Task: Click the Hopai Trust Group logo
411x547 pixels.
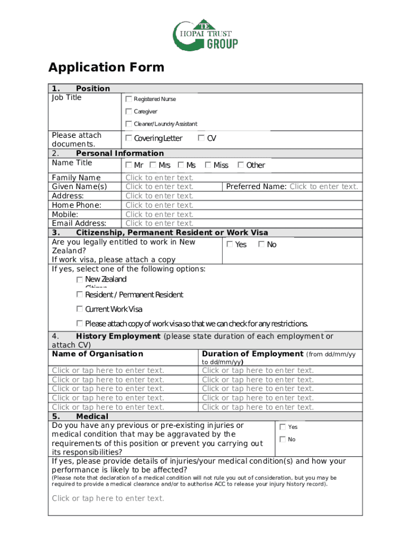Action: click(x=205, y=36)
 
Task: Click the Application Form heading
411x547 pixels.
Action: click(x=106, y=67)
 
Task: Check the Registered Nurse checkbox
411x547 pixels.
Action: click(x=129, y=99)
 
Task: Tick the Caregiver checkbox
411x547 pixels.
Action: click(x=129, y=112)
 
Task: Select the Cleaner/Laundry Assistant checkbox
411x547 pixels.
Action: click(x=129, y=124)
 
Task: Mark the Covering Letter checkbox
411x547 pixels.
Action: click(x=129, y=138)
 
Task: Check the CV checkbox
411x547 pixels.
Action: click(x=201, y=138)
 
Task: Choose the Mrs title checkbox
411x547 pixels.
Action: click(x=153, y=165)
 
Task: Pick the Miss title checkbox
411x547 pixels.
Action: click(x=208, y=165)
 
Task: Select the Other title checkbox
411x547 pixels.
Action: click(x=241, y=165)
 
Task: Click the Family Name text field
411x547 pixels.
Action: click(x=159, y=177)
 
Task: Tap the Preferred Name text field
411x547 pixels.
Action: click(x=323, y=186)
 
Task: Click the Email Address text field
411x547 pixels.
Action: click(x=159, y=223)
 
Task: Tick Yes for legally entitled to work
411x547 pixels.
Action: click(x=230, y=244)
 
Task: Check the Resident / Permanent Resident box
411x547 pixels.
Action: click(x=80, y=294)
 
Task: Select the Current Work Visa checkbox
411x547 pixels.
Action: click(x=80, y=309)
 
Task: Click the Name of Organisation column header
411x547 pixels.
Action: click(x=98, y=354)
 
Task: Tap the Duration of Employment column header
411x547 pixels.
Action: click(x=252, y=354)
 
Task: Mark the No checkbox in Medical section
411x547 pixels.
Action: click(x=282, y=439)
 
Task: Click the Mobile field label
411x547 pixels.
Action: click(x=65, y=214)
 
